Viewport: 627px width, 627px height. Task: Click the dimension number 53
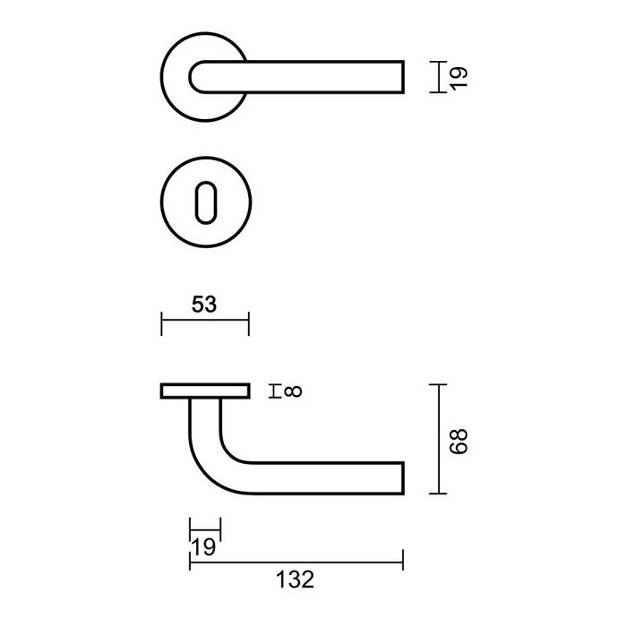tap(204, 305)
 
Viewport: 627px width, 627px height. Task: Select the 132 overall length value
tap(296, 580)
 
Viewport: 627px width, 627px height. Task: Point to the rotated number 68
tap(460, 439)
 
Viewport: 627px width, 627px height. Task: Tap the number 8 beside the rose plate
tap(296, 390)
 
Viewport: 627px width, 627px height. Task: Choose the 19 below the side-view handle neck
tap(204, 545)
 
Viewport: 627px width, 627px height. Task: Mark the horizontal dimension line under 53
tap(204, 323)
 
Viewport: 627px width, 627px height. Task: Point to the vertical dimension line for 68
tap(437, 439)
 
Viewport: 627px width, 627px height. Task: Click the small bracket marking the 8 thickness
tap(276, 390)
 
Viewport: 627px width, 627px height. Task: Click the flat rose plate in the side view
tap(205, 390)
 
